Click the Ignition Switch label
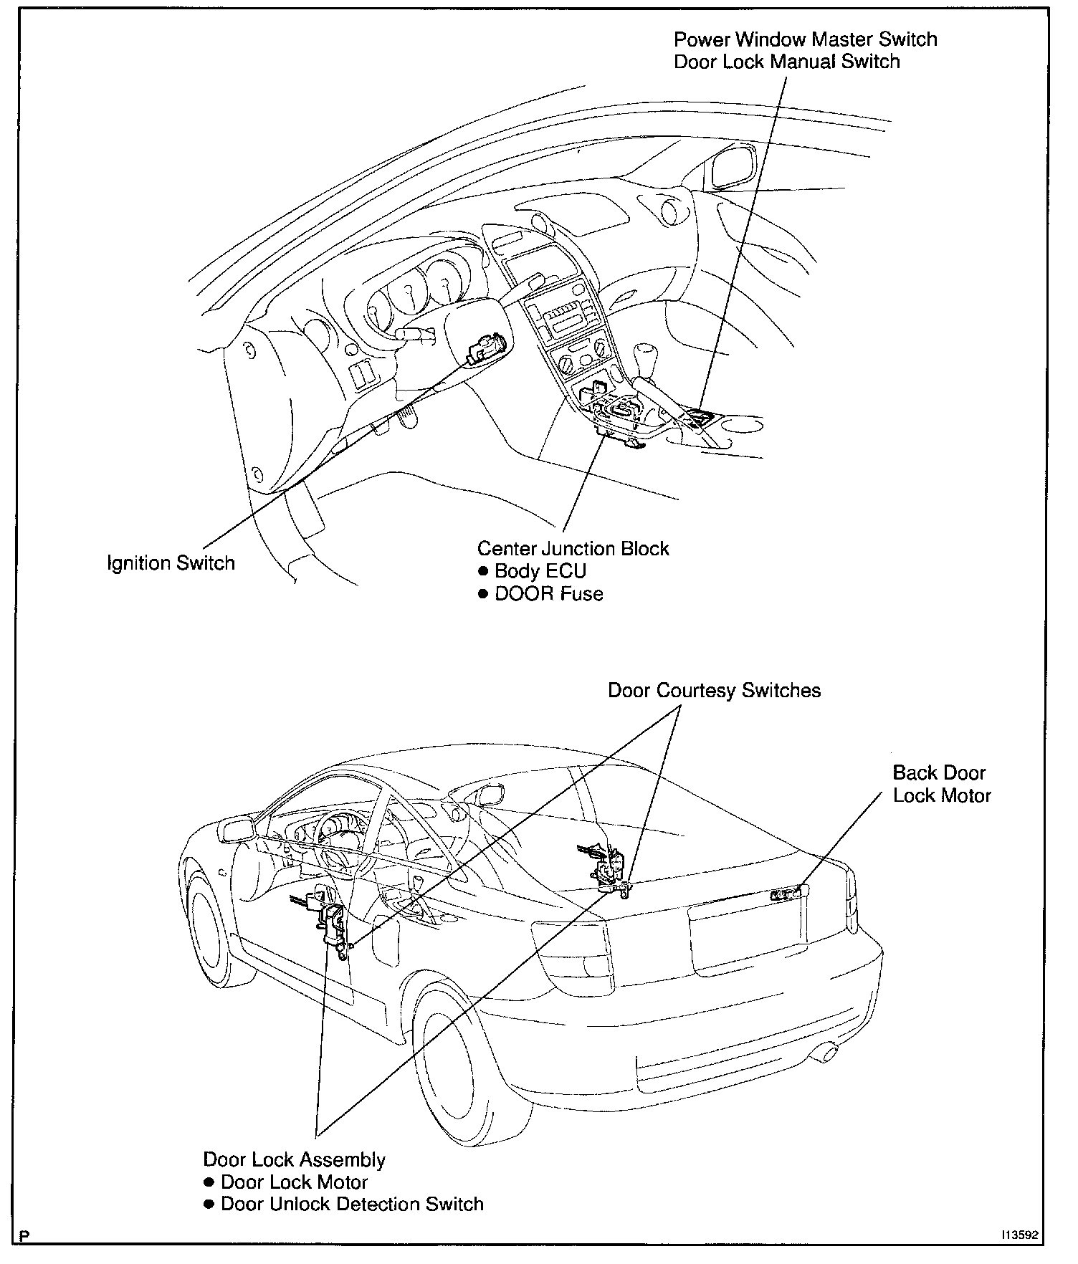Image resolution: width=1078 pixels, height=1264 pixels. [x=171, y=563]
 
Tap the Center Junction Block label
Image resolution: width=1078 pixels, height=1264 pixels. [x=573, y=549]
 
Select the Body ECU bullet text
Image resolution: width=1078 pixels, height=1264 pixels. [x=540, y=571]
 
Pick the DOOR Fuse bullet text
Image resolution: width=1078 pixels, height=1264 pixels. [x=548, y=594]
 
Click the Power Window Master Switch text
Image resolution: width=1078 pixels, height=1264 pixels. [x=805, y=39]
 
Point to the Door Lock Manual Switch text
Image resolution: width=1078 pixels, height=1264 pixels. [x=786, y=62]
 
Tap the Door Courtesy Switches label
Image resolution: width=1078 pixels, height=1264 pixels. [x=714, y=690]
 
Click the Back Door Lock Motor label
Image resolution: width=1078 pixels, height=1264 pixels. [x=941, y=784]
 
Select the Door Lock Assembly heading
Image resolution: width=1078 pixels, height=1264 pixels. [x=294, y=1159]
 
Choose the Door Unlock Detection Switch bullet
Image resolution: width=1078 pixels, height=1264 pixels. [x=352, y=1204]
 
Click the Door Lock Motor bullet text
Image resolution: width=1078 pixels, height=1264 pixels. [x=294, y=1182]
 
